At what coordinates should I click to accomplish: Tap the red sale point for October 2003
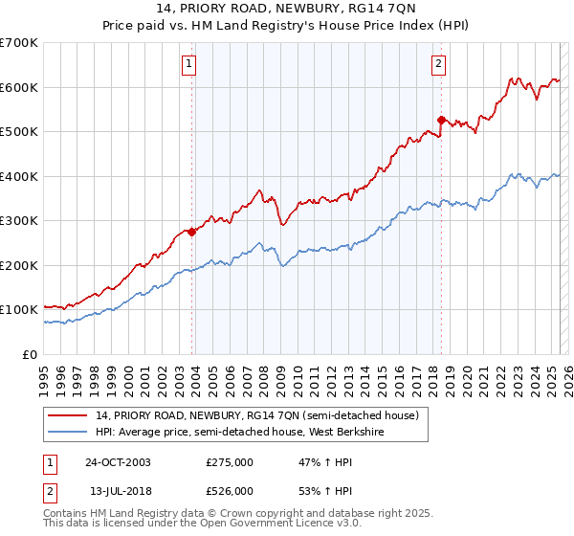192,231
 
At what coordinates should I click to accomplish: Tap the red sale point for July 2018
441,120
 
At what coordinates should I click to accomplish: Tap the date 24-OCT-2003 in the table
118,462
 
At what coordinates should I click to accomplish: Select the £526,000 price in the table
230,490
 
